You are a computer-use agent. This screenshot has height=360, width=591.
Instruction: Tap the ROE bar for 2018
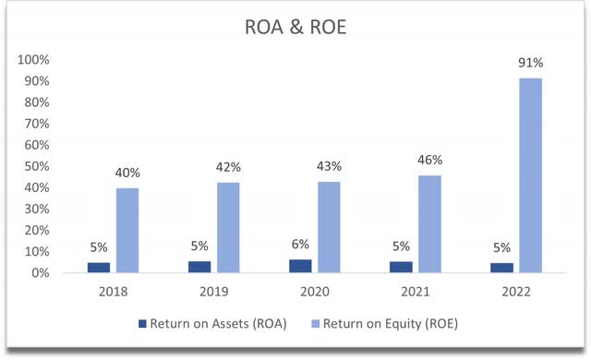point(127,230)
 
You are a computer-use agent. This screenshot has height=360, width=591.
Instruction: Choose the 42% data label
point(228,167)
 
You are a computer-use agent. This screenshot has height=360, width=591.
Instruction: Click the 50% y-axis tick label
point(36,166)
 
